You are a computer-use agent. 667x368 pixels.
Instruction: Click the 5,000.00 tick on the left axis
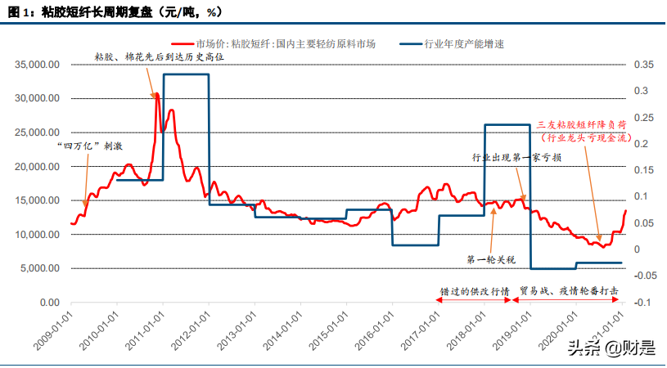point(38,269)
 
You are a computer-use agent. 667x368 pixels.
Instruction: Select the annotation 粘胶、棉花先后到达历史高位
point(151,59)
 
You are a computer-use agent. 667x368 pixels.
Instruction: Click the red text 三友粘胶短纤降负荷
point(582,125)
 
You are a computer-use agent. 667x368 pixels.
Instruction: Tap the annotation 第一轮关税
point(491,260)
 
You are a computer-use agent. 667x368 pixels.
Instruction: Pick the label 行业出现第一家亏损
point(516,157)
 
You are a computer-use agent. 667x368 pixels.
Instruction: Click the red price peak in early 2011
point(156,95)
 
